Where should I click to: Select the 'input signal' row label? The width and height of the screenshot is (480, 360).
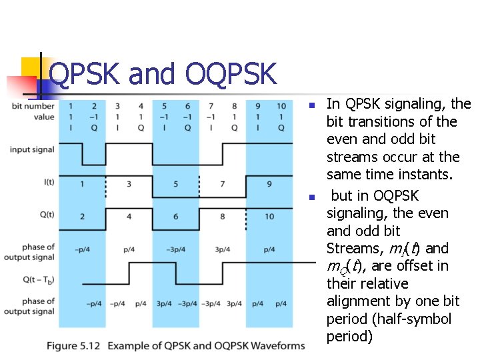click(x=32, y=149)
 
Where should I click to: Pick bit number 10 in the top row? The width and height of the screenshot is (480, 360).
click(x=281, y=106)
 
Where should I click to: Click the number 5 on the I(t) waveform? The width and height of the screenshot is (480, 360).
click(x=176, y=183)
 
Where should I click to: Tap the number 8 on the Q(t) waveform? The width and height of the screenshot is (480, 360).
click(x=223, y=216)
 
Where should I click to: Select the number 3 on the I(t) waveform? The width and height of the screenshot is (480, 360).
click(x=129, y=183)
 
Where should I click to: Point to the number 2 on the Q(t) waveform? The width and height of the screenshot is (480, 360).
click(x=82, y=216)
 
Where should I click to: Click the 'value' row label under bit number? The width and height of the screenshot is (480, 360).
click(x=44, y=117)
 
